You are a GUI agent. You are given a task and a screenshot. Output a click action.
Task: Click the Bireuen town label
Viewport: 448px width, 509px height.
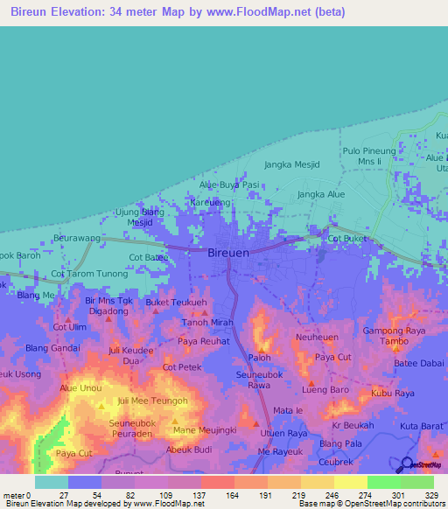click(232, 252)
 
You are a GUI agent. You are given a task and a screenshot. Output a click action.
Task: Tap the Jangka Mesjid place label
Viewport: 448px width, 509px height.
click(292, 164)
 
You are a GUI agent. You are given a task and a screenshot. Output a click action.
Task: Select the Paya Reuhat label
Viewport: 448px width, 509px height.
click(203, 341)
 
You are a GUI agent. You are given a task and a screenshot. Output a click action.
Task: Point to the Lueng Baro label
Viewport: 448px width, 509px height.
click(325, 388)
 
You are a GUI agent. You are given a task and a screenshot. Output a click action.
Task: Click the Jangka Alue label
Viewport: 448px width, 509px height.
click(321, 194)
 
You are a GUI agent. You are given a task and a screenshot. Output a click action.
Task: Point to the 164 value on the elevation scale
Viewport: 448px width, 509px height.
click(232, 494)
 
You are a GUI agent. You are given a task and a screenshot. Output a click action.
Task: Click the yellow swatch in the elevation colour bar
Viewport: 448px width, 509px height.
click(350, 482)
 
